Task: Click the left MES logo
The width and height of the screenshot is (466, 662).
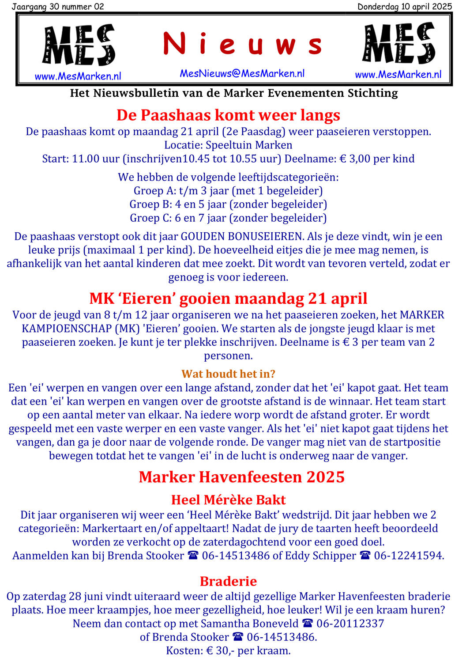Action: coord(79,45)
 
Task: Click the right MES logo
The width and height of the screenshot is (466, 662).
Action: coord(398,44)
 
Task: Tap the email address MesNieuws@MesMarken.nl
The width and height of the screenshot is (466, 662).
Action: coord(242,74)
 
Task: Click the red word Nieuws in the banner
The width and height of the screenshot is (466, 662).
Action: coord(242,45)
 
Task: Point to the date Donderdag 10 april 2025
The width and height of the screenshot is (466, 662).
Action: coord(404,6)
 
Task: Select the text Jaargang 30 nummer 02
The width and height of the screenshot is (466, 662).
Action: coord(58,6)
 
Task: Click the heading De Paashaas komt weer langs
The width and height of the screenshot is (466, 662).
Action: coord(228,115)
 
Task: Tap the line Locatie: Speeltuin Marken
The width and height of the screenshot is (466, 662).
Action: coord(228,145)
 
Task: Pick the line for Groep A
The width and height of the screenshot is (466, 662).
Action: coord(228,191)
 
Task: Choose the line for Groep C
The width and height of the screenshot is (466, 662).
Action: coord(228,218)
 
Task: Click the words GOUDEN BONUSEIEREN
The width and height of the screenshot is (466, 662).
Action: coord(242,237)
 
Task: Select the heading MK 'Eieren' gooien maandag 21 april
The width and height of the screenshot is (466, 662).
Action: coord(228,299)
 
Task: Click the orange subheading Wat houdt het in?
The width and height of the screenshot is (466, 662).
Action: coord(228,374)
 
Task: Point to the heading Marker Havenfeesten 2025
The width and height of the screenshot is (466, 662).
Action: coord(241,477)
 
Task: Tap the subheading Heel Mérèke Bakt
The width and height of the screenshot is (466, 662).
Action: coord(228,500)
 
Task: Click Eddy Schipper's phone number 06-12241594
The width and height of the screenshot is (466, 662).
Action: coord(408,556)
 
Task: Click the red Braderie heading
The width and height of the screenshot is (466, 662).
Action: coord(228,581)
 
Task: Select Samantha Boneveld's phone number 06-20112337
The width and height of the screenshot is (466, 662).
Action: coord(350,624)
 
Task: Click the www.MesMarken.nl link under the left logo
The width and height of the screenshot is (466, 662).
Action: coord(78,76)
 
